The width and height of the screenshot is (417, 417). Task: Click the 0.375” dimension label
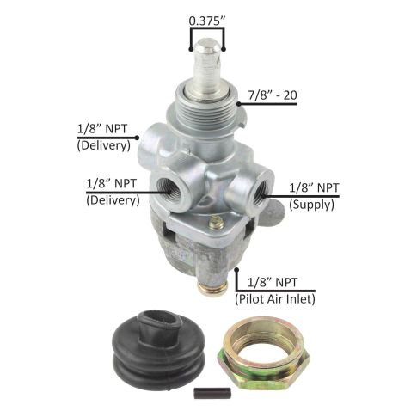tap(207, 21)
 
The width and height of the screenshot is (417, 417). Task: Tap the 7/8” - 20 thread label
tap(273, 95)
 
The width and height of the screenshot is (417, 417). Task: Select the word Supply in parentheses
tap(311, 205)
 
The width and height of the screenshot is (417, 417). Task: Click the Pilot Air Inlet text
tap(275, 299)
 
